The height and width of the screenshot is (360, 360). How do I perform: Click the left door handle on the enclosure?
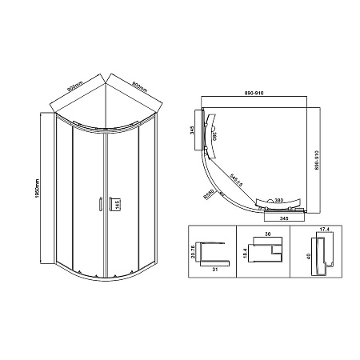(98, 205)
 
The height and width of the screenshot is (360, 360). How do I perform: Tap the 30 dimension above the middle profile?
(266, 234)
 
